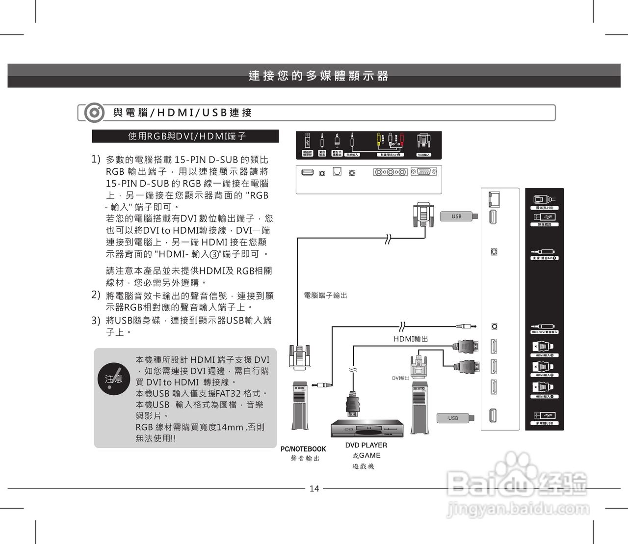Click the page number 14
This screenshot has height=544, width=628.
pos(314,489)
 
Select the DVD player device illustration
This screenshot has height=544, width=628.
pos(367,429)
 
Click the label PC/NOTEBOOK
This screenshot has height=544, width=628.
pos(303,449)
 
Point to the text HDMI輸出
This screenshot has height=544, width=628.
pos(411,339)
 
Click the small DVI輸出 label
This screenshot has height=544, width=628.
pos(400,378)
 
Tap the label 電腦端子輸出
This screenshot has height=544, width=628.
pos(325,295)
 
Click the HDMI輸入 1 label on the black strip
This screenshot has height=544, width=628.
pos(545,396)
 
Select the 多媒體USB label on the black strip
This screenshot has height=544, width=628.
pos(544,423)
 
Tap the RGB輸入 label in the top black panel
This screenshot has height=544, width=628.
pos(424,155)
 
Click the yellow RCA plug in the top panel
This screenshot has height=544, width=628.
pos(379,140)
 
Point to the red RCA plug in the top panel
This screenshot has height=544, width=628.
pos(401,140)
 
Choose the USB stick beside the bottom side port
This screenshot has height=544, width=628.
pos(456,418)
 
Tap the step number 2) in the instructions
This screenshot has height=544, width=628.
pos(96,295)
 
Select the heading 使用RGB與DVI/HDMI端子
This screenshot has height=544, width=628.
pos(186,136)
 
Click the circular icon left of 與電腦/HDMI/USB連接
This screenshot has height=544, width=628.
pos(93,113)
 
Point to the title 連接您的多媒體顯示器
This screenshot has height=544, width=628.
pos(318,76)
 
